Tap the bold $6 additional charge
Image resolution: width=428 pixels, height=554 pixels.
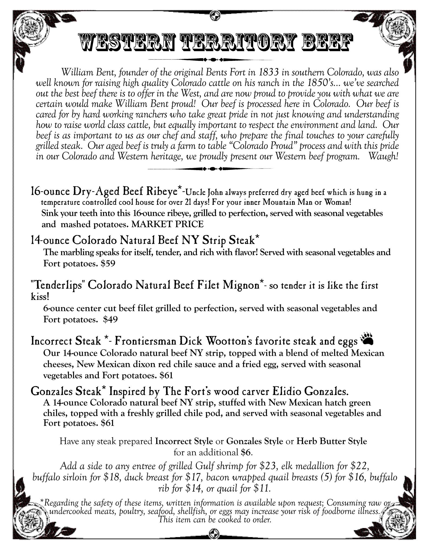(246, 452)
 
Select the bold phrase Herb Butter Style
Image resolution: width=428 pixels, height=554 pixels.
(332, 441)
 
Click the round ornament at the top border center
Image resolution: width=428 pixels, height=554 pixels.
(214, 15)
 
